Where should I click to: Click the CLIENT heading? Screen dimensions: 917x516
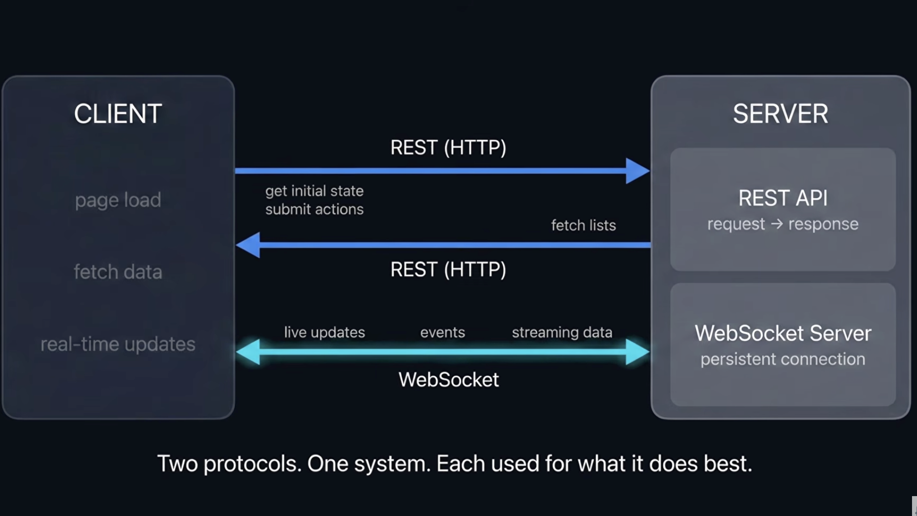click(x=118, y=114)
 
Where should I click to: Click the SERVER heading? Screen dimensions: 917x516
click(x=781, y=114)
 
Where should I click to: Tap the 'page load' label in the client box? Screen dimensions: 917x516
click(x=118, y=200)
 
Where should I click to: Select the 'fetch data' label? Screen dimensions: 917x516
click(x=118, y=272)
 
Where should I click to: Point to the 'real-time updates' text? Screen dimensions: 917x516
click(x=118, y=344)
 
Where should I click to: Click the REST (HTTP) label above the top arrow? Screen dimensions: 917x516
click(x=448, y=148)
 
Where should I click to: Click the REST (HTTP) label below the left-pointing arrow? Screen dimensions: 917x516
click(x=448, y=270)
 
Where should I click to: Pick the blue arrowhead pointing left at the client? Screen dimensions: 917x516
click(x=248, y=245)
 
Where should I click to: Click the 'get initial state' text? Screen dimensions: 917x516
click(x=314, y=191)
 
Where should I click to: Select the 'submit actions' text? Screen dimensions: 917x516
click(x=314, y=209)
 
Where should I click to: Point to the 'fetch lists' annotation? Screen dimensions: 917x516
click(x=583, y=225)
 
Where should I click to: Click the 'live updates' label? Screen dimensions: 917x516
click(x=324, y=332)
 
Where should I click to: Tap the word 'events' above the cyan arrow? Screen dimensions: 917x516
click(x=443, y=333)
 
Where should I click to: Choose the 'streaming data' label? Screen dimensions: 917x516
click(x=562, y=333)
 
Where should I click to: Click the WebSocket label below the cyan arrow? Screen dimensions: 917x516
click(x=449, y=380)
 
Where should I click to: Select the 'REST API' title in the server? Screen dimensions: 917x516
click(x=783, y=198)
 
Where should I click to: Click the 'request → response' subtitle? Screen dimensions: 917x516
click(x=783, y=224)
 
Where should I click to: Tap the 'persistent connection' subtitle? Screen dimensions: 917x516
click(x=783, y=359)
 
